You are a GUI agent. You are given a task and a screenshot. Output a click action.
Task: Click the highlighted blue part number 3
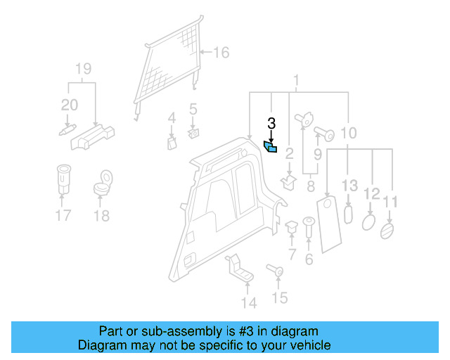271,146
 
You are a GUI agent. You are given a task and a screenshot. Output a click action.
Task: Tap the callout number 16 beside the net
221,53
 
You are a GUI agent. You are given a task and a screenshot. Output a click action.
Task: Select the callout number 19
83,69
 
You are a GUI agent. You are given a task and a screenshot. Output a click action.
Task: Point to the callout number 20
70,105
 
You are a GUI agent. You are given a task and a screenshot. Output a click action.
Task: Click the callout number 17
63,216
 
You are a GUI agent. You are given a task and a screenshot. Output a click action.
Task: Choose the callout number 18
102,216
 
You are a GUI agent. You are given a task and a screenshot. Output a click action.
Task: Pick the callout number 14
248,303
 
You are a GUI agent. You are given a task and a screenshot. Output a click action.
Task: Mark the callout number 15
280,298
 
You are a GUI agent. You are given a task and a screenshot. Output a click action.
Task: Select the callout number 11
390,202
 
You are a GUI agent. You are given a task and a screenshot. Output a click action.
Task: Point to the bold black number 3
271,124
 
